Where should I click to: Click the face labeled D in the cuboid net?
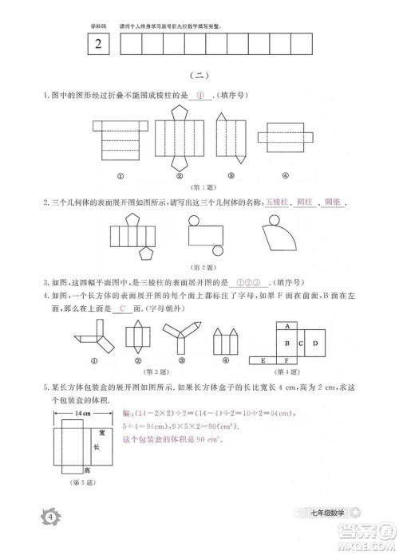click(314, 344)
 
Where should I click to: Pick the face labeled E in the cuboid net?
click(262, 361)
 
